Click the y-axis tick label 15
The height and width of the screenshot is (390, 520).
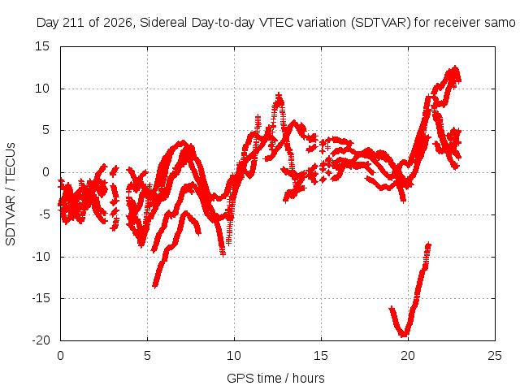click(42, 46)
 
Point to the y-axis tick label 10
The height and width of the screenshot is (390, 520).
click(42, 89)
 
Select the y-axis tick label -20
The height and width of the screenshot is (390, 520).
click(41, 340)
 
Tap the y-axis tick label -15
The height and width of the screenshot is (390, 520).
click(41, 298)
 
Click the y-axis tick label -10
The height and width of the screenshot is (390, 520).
click(41, 257)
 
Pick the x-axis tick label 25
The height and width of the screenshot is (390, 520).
click(495, 356)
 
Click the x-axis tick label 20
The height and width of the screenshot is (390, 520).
click(408, 356)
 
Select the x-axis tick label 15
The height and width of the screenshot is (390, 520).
click(321, 356)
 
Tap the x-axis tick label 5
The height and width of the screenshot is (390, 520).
click(147, 356)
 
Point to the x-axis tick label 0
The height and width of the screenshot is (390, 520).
click(60, 356)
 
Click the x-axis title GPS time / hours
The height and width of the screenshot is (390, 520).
click(275, 379)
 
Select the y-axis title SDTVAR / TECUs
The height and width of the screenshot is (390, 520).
click(11, 194)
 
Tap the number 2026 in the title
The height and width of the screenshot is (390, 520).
click(117, 23)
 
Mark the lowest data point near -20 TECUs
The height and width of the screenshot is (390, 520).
click(405, 336)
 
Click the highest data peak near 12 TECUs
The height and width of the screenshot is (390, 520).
click(455, 68)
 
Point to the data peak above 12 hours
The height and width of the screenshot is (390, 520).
click(279, 95)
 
